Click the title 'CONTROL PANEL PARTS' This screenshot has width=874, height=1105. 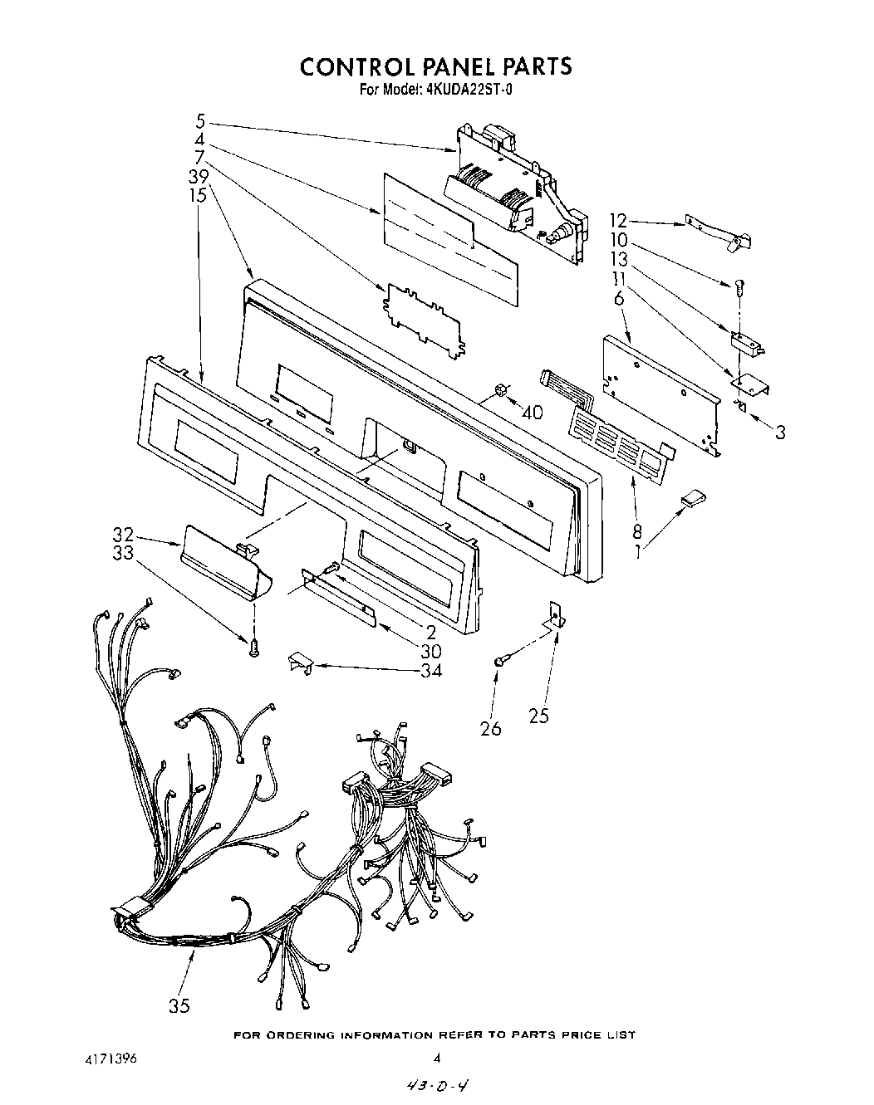(x=435, y=66)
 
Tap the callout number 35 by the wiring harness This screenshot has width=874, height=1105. (x=179, y=1006)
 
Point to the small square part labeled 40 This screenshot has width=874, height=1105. (x=500, y=390)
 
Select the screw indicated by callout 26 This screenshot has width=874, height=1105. (x=501, y=661)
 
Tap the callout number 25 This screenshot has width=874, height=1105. (x=538, y=715)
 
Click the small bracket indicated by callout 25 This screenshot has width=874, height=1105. (x=556, y=614)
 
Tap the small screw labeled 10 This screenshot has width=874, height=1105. (x=737, y=286)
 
